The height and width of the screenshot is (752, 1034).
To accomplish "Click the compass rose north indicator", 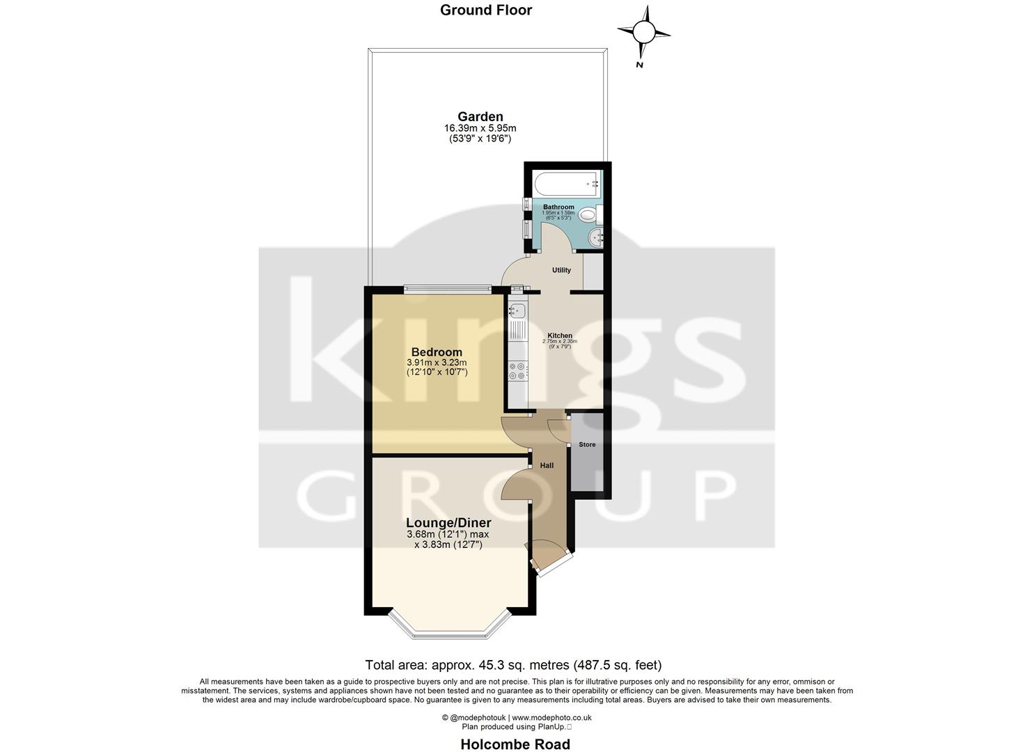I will [644, 32].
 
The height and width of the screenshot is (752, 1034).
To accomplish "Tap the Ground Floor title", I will [486, 10].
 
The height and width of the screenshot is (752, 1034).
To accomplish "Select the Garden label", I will [480, 116].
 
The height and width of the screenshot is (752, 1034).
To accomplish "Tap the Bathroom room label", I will [558, 207].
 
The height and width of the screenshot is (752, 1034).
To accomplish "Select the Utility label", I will [561, 270].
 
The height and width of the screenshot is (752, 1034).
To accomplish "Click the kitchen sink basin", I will [516, 311].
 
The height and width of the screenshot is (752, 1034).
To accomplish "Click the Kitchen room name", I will [560, 336].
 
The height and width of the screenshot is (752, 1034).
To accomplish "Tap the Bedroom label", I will [437, 352].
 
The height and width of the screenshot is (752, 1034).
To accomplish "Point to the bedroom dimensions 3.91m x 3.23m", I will [437, 363].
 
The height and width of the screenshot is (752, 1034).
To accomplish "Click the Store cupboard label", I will [587, 444].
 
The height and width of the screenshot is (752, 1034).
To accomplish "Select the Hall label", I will [547, 465].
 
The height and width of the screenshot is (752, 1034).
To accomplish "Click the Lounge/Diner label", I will [448, 523].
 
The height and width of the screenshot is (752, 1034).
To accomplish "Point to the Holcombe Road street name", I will [515, 744].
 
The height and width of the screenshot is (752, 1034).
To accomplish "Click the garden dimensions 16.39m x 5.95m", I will [480, 128].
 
